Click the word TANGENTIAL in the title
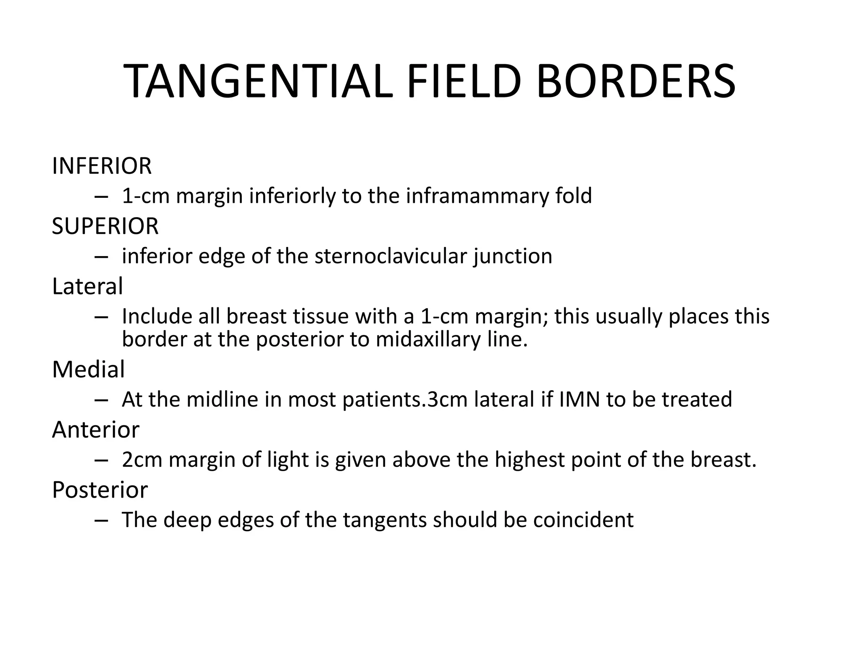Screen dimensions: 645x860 pyautogui.click(x=258, y=81)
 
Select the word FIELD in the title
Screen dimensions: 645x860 pyautogui.click(x=464, y=81)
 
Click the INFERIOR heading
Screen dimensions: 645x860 pyautogui.click(x=102, y=166)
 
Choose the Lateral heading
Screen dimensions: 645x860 pyautogui.click(x=87, y=286)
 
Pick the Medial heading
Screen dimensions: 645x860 pyautogui.click(x=88, y=370)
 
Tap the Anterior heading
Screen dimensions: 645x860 pyautogui.click(x=96, y=430)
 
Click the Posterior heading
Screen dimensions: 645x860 pyautogui.click(x=100, y=490)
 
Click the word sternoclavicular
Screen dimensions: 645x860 pyautogui.click(x=391, y=256)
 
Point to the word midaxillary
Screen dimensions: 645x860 pyautogui.click(x=428, y=339)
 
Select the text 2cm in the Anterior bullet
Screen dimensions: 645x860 pyautogui.click(x=142, y=460)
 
